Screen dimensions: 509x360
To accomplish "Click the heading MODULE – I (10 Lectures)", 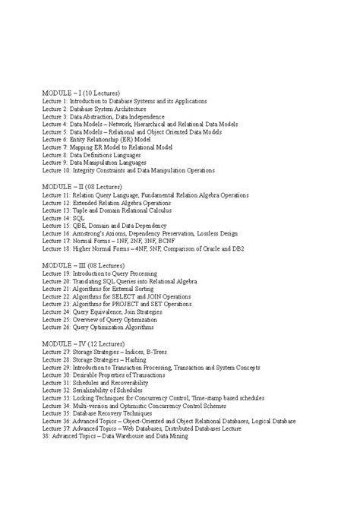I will point(81,93).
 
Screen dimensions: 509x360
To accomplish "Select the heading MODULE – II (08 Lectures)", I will point(82,186).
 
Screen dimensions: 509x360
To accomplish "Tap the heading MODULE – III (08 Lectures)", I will point(84,265).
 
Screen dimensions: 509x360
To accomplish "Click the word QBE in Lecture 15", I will point(81,226).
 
